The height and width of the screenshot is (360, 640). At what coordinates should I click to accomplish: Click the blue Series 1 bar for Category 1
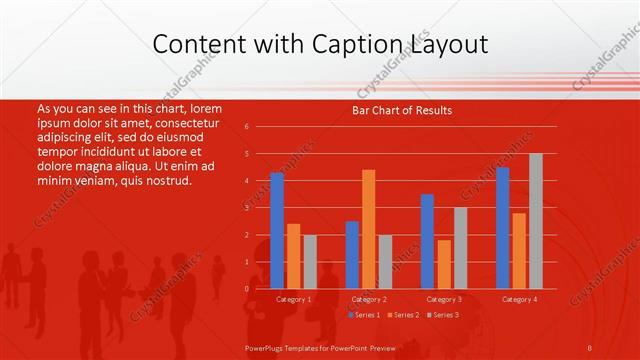point(277,230)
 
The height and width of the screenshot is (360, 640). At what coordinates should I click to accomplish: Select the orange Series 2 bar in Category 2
point(369,229)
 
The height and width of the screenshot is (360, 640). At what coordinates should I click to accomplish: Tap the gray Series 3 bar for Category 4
point(536,221)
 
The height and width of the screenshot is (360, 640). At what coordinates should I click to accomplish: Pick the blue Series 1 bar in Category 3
point(427,241)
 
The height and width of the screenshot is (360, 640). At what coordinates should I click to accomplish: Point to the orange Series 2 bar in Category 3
point(444,264)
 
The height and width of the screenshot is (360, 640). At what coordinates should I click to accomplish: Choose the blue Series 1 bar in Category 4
point(502,227)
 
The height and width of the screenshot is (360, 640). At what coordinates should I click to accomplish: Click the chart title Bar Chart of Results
point(402,110)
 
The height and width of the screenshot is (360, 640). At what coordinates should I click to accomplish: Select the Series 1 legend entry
point(363,315)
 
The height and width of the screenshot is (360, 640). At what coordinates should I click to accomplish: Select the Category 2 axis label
point(369,299)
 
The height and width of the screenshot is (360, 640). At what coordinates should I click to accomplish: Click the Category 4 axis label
point(519,299)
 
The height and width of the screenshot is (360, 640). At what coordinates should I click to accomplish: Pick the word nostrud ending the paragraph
point(166,181)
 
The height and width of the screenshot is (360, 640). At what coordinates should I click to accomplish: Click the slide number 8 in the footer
point(590,347)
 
